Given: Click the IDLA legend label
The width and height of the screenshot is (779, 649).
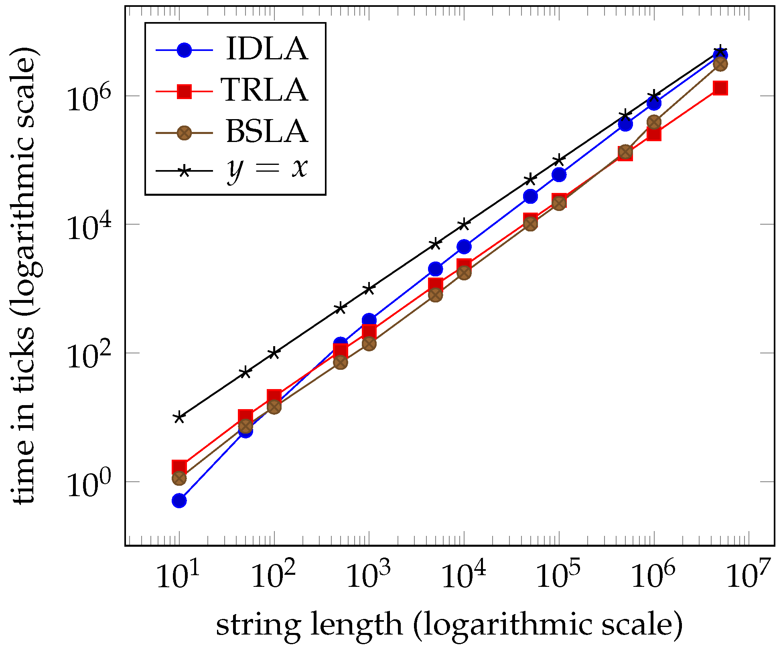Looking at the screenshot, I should click(x=267, y=49).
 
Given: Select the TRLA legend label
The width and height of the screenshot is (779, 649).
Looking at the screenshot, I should click(x=265, y=90).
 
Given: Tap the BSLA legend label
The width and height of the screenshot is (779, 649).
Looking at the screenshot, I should click(x=267, y=132).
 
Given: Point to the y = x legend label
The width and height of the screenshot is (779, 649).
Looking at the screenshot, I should click(x=267, y=168).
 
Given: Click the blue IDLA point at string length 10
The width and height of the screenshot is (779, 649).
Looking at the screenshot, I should click(x=179, y=501).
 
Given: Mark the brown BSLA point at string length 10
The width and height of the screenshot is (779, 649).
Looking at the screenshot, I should click(x=179, y=478).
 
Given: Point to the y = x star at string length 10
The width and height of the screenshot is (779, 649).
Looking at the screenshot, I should click(x=179, y=418).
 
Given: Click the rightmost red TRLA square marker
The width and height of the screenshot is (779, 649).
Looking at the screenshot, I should click(x=720, y=88).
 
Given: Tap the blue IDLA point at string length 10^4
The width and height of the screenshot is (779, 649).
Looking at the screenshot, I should click(x=464, y=247).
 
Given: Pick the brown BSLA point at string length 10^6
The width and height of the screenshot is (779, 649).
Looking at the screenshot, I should click(x=654, y=122).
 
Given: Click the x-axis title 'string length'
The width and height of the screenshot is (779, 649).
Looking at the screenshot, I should click(x=449, y=625).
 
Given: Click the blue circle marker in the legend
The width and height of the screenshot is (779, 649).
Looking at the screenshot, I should click(x=184, y=50).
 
